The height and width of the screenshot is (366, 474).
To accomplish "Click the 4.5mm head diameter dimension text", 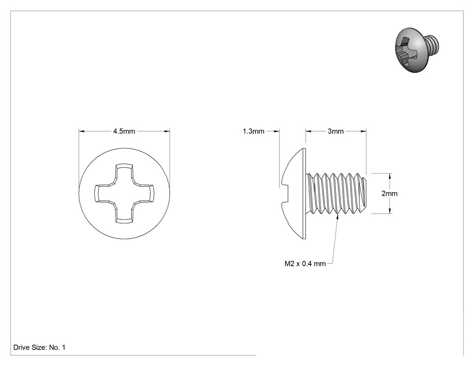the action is coord(124,131).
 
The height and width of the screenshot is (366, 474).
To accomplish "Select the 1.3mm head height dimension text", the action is coord(253,131).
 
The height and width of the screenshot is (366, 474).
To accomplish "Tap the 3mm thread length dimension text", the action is coord(335,131).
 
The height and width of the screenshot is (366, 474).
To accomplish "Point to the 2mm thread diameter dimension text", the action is coord(389,194).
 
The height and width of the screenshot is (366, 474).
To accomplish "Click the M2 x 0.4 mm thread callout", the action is coord(305,264).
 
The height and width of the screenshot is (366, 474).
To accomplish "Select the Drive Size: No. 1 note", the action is coord(39,347).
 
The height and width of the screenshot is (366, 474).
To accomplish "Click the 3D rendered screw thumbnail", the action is coord(417,50).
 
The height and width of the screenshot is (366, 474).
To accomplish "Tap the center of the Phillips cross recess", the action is coord(124,194).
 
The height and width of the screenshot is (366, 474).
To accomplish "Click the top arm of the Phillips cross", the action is coord(124,174).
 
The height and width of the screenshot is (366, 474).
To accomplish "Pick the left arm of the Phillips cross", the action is coord(105,194).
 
